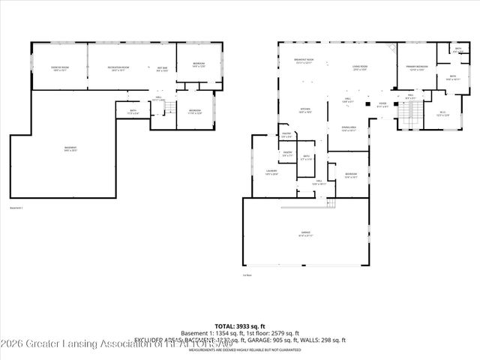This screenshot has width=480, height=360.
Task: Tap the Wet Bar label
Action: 162,69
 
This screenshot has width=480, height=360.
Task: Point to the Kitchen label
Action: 306,109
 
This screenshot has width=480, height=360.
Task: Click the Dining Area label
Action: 347,128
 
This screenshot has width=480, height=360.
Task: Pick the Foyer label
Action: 382,105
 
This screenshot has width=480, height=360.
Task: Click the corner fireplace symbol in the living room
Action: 388,47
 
